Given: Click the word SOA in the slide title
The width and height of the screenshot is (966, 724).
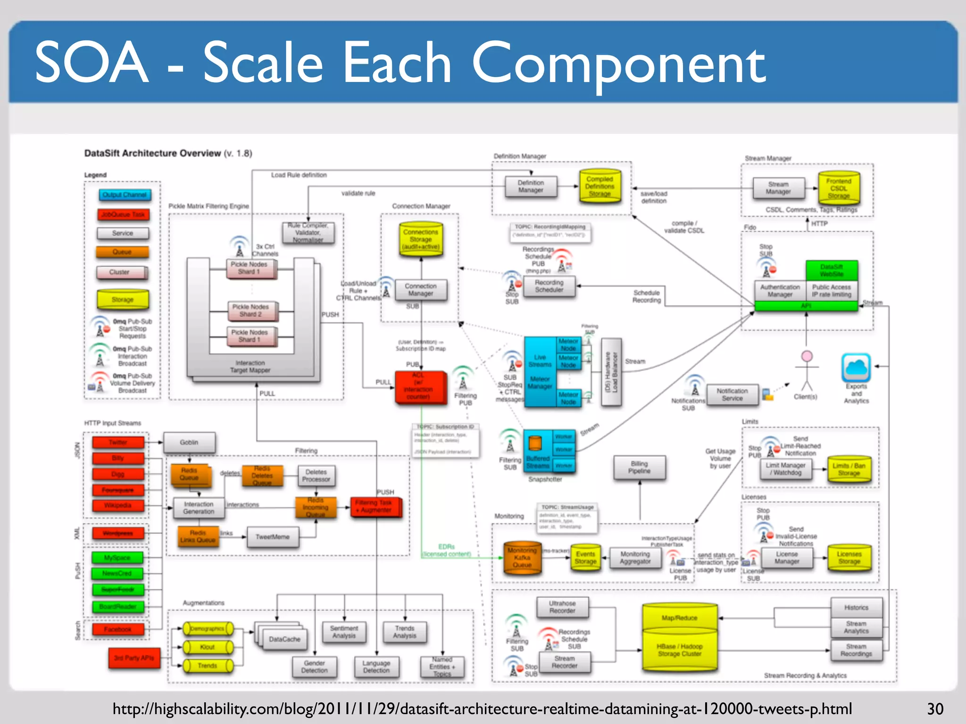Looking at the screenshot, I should click(92, 63).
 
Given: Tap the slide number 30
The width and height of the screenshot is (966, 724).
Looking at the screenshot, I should click(935, 709).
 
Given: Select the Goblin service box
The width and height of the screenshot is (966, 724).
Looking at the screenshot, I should click(189, 443).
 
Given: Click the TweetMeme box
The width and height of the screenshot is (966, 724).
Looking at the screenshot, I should click(273, 537).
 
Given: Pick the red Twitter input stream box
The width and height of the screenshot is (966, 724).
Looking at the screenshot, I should click(118, 443).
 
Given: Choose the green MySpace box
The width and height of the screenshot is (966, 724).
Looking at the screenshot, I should click(117, 558).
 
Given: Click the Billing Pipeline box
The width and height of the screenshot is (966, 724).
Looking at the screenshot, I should click(639, 467).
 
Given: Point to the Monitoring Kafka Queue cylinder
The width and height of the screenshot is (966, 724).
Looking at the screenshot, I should click(522, 558).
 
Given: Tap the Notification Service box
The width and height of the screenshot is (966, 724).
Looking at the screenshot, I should click(732, 395).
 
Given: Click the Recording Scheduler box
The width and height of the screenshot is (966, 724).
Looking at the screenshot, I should click(549, 286).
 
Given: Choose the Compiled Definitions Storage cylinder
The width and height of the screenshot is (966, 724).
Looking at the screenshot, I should click(600, 186).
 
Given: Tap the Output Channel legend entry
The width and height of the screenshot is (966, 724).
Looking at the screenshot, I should click(125, 195).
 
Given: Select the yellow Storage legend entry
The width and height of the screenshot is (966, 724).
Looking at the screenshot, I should click(123, 299).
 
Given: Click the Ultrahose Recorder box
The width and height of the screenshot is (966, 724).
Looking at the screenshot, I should click(562, 607).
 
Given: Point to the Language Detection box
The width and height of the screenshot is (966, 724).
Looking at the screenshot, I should click(376, 666).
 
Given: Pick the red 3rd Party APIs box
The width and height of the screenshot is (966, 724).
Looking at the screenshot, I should click(134, 658).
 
